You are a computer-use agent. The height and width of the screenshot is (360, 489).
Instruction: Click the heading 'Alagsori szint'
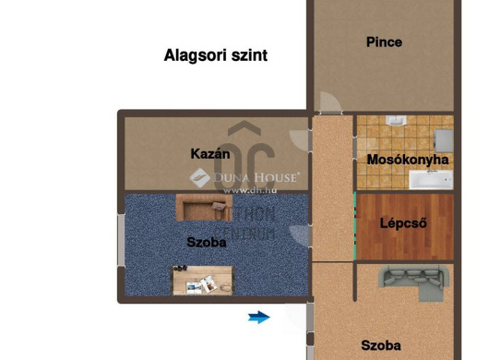point(215,55)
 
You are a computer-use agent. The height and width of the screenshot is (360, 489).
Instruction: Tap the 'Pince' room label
point(383,42)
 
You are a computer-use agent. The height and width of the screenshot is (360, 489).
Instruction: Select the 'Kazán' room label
point(209,153)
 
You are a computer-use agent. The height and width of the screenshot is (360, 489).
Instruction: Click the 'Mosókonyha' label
point(407,159)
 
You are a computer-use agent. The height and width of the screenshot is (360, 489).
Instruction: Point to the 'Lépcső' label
point(403,222)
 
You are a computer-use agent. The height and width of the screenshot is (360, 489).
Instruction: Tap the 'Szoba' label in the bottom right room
point(381,345)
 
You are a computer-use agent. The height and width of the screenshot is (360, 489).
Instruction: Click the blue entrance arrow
point(259,318)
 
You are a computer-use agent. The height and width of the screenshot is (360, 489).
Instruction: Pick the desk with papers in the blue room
point(203,278)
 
